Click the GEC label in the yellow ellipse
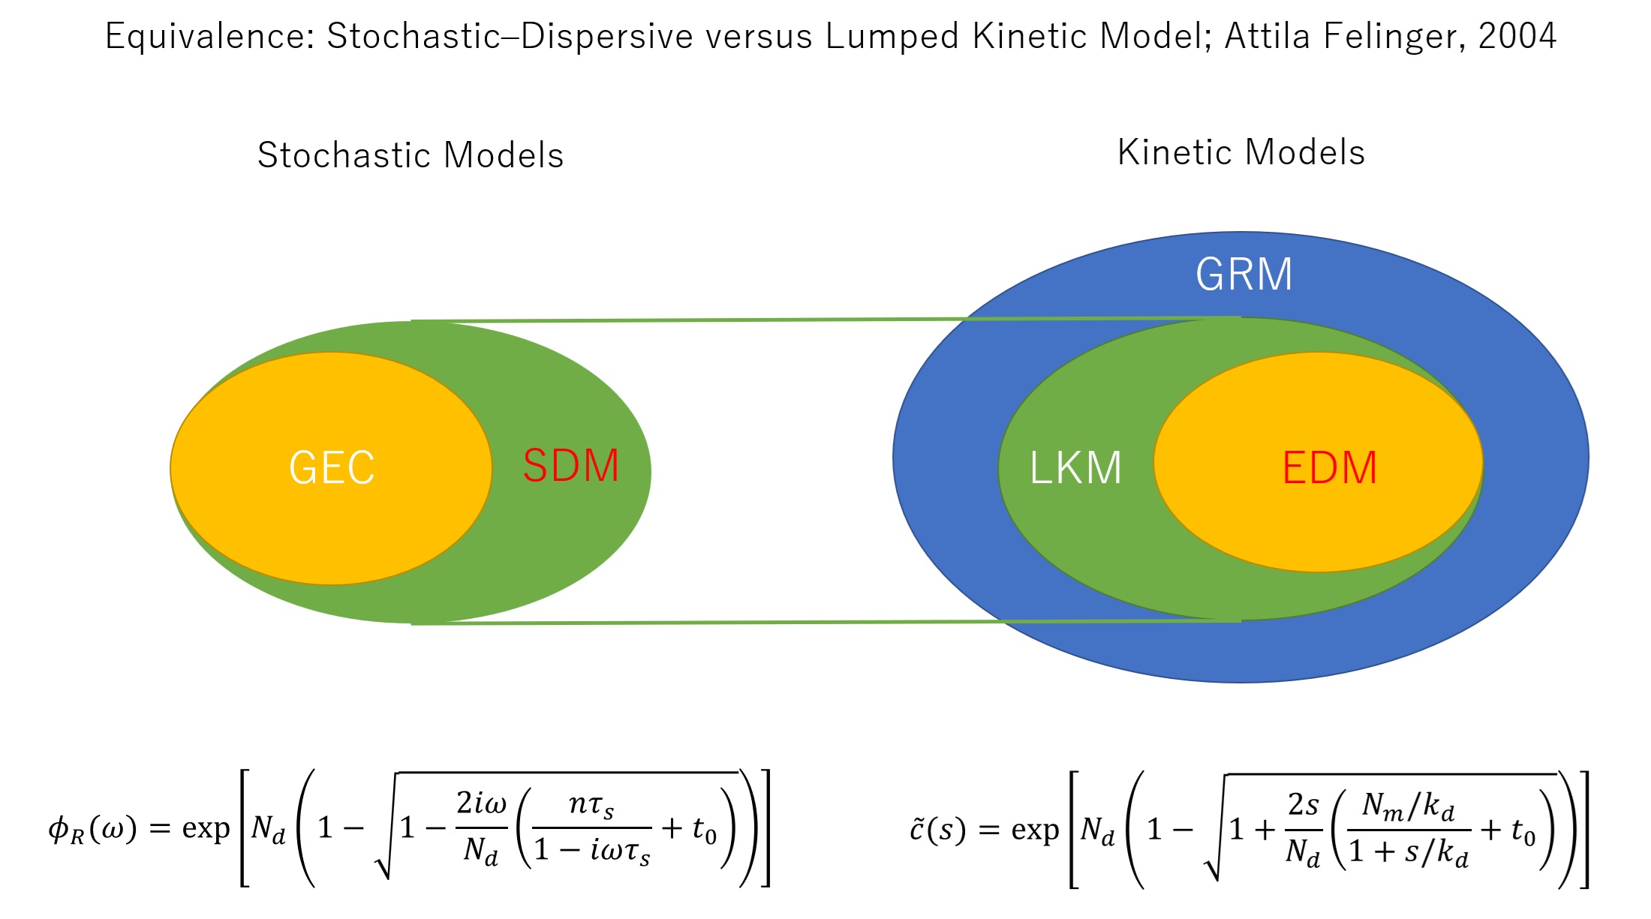point(332,467)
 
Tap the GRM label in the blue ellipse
point(1244,274)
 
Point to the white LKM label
point(1075,468)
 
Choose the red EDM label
point(1329,468)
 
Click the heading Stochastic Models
point(410,155)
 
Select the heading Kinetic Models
point(1241,152)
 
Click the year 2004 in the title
point(1517,36)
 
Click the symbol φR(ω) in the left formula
point(92,829)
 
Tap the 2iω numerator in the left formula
point(481,804)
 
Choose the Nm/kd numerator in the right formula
point(1408,806)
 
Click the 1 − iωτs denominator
point(592,851)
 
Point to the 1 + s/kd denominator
point(1408,852)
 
